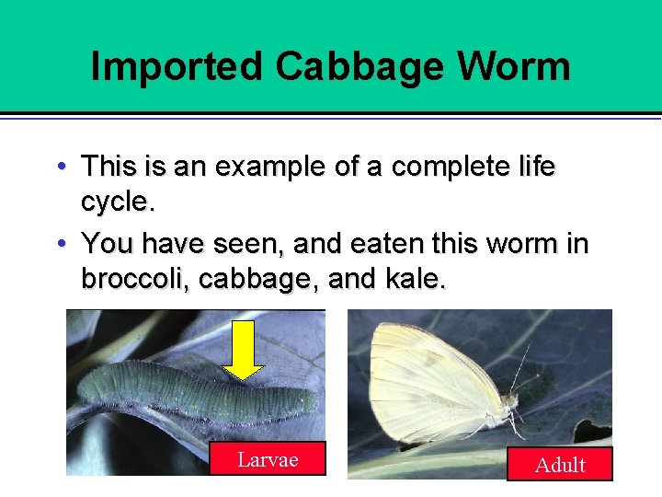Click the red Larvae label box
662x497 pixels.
tap(268, 458)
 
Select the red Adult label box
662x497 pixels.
tap(560, 464)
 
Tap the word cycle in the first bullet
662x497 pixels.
tap(116, 200)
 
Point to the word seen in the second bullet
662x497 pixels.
tap(245, 244)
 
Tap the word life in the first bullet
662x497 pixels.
tap(532, 167)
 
